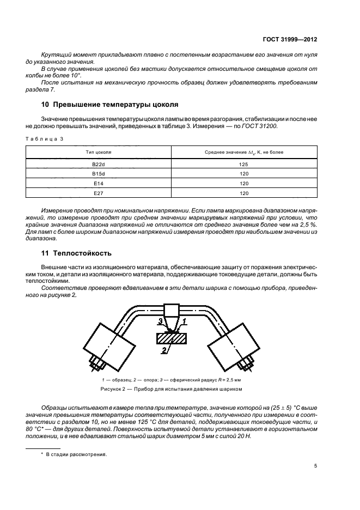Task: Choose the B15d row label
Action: pyautogui.click(x=99, y=173)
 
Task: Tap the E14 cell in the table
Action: pyautogui.click(x=99, y=183)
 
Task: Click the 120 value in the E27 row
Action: pyautogui.click(x=244, y=193)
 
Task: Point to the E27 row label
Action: pyautogui.click(x=99, y=193)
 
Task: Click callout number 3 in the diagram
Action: pyautogui.click(x=160, y=321)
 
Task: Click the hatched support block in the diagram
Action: pyautogui.click(x=173, y=338)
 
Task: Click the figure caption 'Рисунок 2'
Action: pyautogui.click(x=171, y=390)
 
